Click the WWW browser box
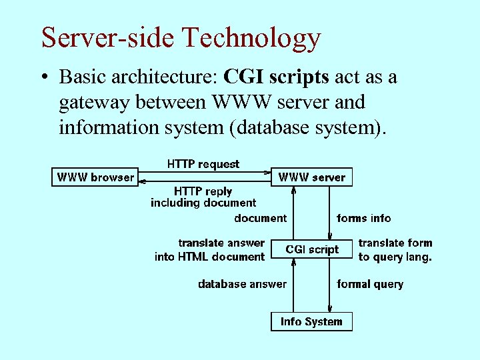(95, 177)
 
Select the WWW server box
(312, 177)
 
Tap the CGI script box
(312, 249)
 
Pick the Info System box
(311, 321)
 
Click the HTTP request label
(203, 163)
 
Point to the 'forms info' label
(364, 218)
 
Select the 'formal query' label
(370, 284)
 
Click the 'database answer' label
(242, 284)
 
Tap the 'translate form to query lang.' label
(395, 249)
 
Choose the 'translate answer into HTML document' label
(210, 249)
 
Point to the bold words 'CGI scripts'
(277, 77)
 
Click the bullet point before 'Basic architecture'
(44, 78)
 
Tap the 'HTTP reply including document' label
(203, 197)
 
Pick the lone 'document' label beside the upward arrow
(260, 218)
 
